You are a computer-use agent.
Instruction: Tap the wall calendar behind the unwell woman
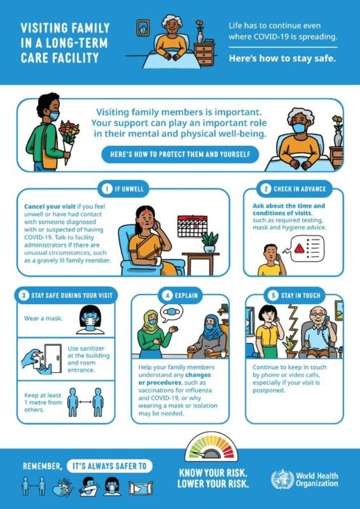coord(192,226)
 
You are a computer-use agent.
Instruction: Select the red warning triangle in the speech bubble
coord(299,249)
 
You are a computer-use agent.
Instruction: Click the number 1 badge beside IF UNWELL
coord(106,189)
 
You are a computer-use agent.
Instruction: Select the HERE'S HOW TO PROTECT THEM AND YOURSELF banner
coord(180,154)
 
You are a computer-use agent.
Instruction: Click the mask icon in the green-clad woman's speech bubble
coord(171,312)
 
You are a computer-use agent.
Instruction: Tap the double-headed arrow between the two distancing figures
coord(85,402)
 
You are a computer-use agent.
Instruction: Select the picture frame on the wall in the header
coord(142,28)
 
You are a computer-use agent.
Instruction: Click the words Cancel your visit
coord(50,206)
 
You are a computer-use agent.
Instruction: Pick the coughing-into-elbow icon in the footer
coord(88,486)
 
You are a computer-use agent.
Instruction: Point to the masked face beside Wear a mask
coord(90,320)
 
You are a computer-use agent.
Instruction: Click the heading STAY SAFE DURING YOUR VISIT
coord(72,296)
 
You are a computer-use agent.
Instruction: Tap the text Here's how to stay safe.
coord(282,59)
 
